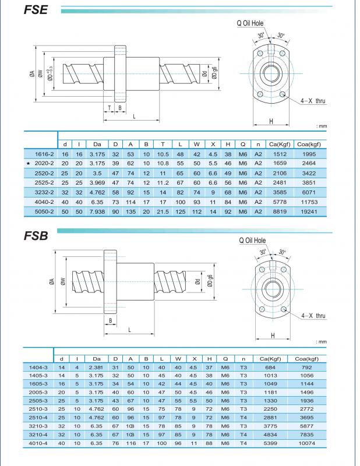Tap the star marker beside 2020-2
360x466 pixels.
[x=27, y=164]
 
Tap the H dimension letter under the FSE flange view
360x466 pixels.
[x=271, y=121]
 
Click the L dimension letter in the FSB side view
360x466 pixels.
[x=129, y=330]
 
